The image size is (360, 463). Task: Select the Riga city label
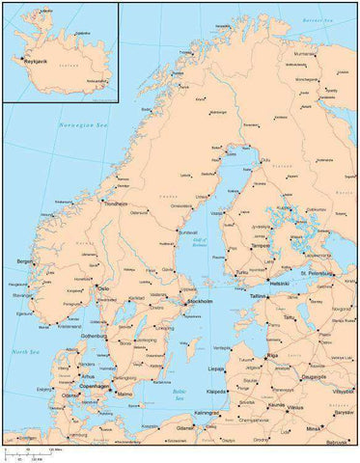[272, 355]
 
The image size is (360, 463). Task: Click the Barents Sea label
[315, 19]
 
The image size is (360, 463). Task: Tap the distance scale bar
[29, 450]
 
